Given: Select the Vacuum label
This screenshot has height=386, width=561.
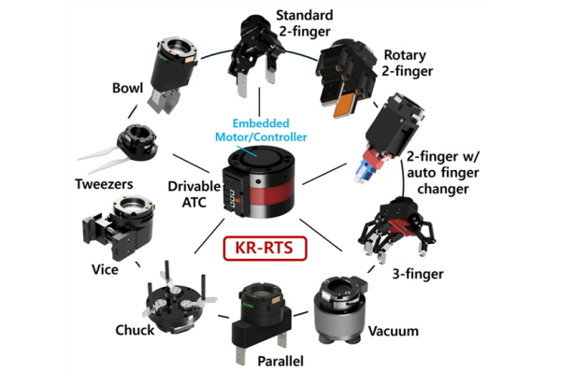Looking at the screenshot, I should [x=393, y=331].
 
